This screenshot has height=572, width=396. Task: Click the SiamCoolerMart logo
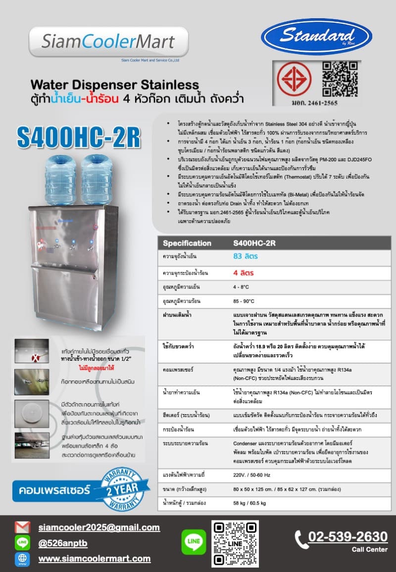[x=108, y=42]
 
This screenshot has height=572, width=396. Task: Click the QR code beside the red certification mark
[x=340, y=79]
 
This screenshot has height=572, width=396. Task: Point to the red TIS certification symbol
[x=294, y=79]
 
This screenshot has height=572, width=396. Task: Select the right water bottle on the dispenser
[x=97, y=172]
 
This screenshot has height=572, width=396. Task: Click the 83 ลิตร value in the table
[x=246, y=256]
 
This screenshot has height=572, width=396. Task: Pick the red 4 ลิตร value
[x=244, y=273]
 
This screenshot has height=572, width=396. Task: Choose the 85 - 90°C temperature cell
[x=244, y=301]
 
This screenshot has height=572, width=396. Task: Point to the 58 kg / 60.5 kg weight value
[x=249, y=503]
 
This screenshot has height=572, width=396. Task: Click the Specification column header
[x=187, y=243]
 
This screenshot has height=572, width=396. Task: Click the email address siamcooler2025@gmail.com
[x=99, y=527]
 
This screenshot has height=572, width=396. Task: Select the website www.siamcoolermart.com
[x=95, y=559]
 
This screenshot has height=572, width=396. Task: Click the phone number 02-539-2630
[x=347, y=536]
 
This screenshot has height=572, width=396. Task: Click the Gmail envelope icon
[x=23, y=527]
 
